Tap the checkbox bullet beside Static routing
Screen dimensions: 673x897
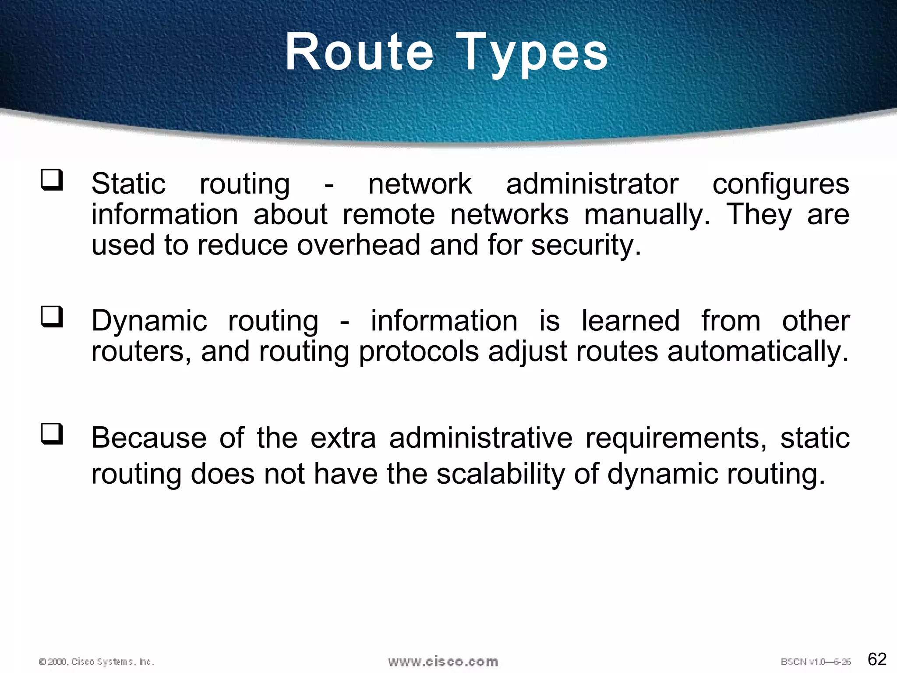(52, 181)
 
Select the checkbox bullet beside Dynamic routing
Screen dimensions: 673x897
(52, 317)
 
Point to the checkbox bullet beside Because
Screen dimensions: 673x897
(52, 434)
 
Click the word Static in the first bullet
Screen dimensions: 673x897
(128, 184)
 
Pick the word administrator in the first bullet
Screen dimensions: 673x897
(592, 184)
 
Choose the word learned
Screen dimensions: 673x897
(630, 321)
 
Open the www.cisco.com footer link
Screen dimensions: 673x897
(443, 661)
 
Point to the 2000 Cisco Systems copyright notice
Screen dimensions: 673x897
(96, 662)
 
